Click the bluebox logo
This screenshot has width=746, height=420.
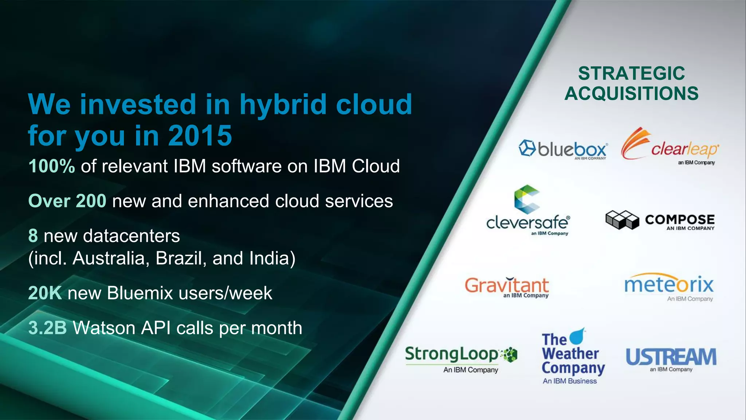pyautogui.click(x=563, y=149)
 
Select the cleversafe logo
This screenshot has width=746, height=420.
pyautogui.click(x=527, y=211)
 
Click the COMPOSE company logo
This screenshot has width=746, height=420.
pyautogui.click(x=660, y=221)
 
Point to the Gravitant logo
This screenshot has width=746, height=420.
pyautogui.click(x=507, y=287)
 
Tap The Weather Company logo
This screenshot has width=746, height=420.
pyautogui.click(x=572, y=355)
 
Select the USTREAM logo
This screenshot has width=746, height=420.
pyautogui.click(x=671, y=358)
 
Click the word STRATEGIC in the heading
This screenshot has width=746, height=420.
pyautogui.click(x=631, y=74)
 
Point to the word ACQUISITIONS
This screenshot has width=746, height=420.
pyautogui.click(x=631, y=94)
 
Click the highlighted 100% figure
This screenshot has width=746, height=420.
pyautogui.click(x=51, y=166)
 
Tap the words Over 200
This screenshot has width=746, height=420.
pyautogui.click(x=67, y=201)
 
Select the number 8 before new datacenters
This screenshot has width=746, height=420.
pyautogui.click(x=33, y=236)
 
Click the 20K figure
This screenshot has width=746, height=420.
pyautogui.click(x=45, y=293)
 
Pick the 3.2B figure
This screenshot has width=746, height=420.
pyautogui.click(x=47, y=328)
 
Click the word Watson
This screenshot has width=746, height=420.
pyautogui.click(x=104, y=328)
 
